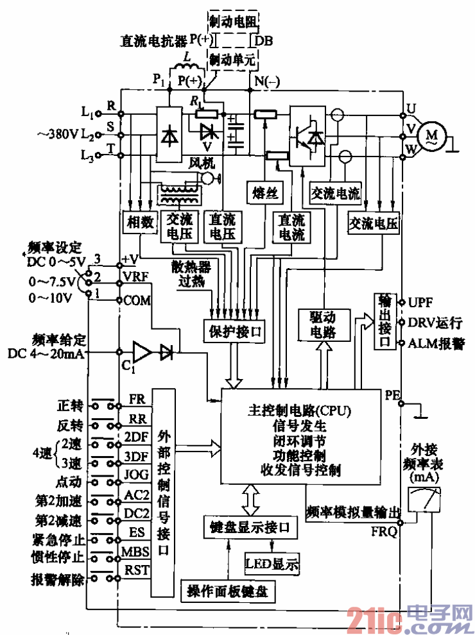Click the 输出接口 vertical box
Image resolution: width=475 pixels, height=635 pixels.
(x=384, y=322)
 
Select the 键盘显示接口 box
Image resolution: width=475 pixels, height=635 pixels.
(x=250, y=527)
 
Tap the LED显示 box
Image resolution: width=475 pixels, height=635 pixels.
(x=272, y=564)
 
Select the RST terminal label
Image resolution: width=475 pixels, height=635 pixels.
(x=136, y=570)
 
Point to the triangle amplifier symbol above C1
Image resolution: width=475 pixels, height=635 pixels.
(x=142, y=351)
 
